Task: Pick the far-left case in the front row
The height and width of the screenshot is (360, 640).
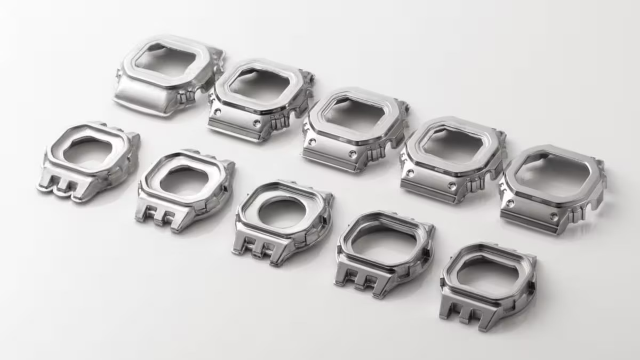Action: point(88,160)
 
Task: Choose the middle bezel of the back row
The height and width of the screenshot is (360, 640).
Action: point(355,131)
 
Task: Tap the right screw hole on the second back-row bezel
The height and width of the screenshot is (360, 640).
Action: point(257,123)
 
